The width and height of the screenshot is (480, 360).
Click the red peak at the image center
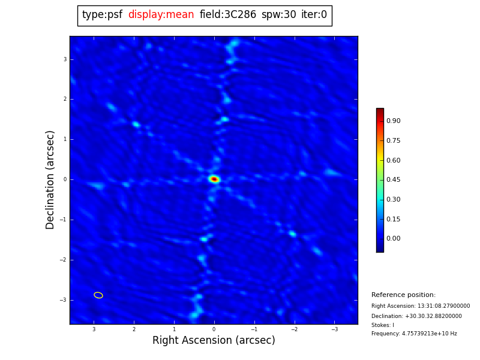coord(214,179)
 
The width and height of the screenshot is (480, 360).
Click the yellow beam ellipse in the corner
coord(98,295)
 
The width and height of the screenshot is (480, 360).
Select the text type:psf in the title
coord(102,15)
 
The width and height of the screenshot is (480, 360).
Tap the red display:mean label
coord(161,15)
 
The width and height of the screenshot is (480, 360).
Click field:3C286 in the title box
coord(228,15)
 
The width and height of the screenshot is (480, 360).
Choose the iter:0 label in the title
coord(314,15)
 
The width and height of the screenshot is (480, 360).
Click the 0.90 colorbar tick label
coord(393,121)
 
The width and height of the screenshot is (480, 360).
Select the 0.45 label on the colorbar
coord(393,180)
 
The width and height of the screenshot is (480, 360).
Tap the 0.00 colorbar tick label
coord(393,239)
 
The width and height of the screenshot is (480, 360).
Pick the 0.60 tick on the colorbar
coord(393,160)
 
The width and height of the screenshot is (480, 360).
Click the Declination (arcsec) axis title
coord(50,179)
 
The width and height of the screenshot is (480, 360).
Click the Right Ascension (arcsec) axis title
coord(214,341)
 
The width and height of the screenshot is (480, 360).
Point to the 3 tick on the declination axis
coord(65,59)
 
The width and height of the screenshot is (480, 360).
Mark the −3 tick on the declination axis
coord(63,300)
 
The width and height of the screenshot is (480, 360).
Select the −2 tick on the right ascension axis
coord(294,329)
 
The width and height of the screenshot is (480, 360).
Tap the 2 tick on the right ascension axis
coord(134,329)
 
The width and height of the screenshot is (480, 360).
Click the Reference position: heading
coord(403,295)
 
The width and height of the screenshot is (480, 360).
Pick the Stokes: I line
coord(383,325)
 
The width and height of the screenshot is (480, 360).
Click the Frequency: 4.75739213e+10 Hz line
coord(414,334)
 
